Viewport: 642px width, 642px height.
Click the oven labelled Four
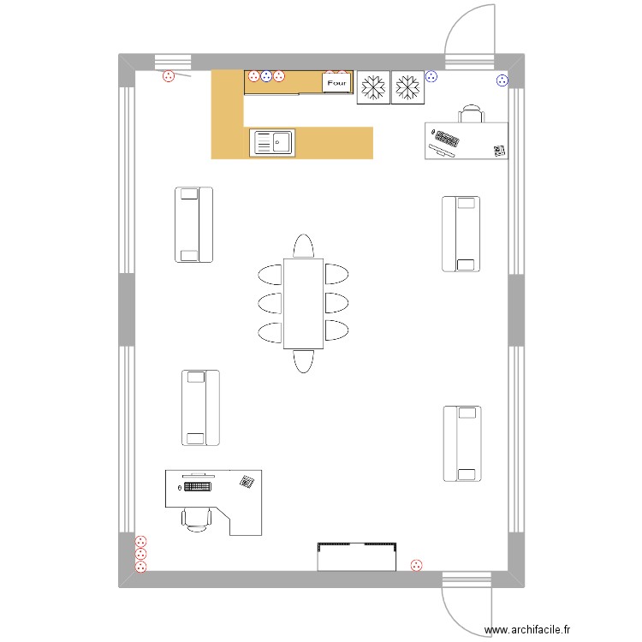[x=337, y=83]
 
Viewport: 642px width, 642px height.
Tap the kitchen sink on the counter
[x=272, y=143]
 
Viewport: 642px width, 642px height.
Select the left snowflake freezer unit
[x=372, y=86]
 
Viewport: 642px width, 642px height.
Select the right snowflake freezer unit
[x=407, y=86]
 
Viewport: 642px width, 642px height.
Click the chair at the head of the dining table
[x=304, y=247]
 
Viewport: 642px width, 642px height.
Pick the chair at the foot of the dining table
[x=304, y=360]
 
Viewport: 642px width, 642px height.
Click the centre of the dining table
[x=304, y=303]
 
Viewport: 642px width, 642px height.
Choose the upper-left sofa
[x=193, y=224]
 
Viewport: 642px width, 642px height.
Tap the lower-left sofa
[x=200, y=408]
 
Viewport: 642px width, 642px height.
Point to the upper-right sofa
[x=461, y=234]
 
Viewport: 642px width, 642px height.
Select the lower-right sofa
[x=461, y=443]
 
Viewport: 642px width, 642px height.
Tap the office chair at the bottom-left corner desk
[x=197, y=517]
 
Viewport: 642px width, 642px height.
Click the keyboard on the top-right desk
[x=446, y=138]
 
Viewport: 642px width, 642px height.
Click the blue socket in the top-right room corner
[x=502, y=81]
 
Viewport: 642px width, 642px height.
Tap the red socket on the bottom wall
[x=417, y=564]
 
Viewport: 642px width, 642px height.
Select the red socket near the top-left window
[x=169, y=76]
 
